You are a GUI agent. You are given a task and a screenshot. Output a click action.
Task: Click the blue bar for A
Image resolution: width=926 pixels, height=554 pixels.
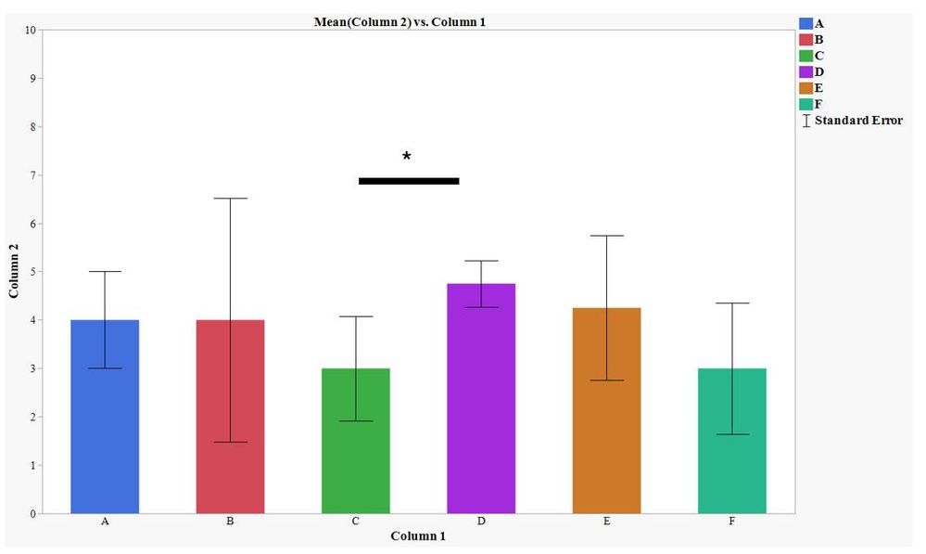105,417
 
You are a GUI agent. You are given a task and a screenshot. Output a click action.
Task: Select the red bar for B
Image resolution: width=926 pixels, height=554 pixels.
230,417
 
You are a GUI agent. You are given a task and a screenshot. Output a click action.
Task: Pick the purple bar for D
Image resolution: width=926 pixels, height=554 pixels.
481,398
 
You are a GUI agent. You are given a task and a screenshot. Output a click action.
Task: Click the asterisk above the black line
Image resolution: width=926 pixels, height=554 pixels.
407,157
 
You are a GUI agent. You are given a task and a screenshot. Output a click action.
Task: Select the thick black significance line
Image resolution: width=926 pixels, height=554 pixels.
409,181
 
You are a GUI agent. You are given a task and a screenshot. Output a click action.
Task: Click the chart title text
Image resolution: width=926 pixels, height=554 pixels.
400,21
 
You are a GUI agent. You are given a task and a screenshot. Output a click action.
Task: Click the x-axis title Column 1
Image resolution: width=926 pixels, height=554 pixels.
418,536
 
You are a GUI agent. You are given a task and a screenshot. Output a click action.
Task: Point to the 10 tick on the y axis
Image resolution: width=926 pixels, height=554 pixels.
31,30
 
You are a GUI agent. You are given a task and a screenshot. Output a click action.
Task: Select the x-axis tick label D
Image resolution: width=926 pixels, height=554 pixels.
481,522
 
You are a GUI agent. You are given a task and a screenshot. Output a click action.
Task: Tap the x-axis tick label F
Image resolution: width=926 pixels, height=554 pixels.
732,522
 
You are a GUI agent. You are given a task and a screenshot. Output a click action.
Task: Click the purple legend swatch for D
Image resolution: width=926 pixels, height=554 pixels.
805,71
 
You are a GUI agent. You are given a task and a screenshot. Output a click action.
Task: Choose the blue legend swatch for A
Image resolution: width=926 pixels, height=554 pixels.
805,23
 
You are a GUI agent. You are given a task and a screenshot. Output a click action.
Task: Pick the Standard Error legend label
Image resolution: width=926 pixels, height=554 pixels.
858,121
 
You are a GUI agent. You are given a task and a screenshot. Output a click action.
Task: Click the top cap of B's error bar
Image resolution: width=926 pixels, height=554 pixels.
230,199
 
